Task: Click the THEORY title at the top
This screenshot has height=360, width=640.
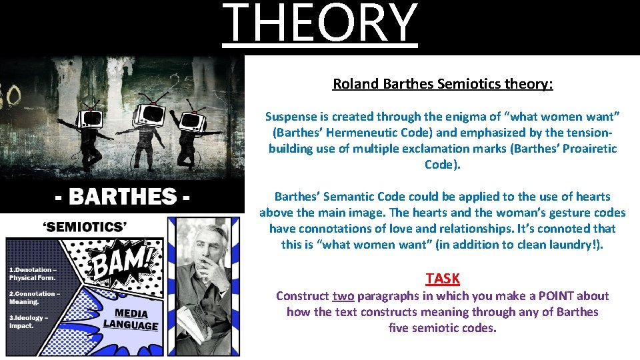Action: coord(320,24)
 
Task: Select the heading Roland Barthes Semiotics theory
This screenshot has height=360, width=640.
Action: coord(443,84)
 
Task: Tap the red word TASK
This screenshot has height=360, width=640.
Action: coord(443,279)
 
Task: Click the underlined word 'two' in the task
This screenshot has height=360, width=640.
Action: coord(343,296)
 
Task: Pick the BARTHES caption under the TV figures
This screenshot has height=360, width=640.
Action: coord(122,197)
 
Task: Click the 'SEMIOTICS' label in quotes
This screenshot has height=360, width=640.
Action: coord(85,227)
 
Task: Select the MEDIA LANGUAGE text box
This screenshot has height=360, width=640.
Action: coord(131,319)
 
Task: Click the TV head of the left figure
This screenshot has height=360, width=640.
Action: coord(89,118)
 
